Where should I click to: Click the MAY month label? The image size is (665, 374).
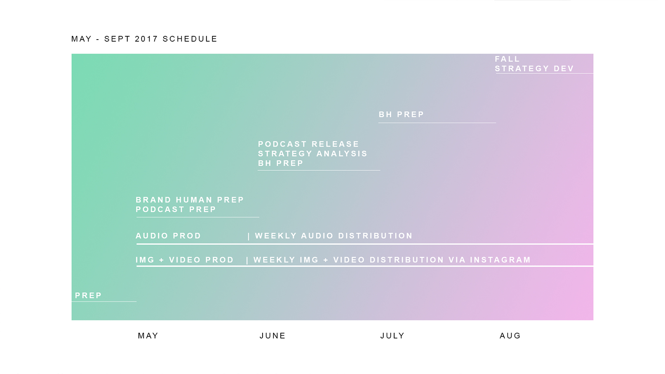(x=148, y=336)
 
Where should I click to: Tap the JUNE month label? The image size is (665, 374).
(x=272, y=336)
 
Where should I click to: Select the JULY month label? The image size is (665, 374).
(x=392, y=336)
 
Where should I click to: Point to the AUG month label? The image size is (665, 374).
(x=510, y=336)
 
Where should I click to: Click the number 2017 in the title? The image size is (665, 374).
(x=146, y=39)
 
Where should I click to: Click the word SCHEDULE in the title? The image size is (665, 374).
(x=190, y=39)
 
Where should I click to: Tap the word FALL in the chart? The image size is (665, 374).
(x=507, y=59)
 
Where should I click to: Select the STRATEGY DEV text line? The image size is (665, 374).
(x=534, y=68)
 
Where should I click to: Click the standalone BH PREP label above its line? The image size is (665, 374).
(x=401, y=114)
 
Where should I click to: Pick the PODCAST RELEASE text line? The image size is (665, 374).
(x=308, y=144)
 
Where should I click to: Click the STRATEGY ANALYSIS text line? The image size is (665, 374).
(x=313, y=153)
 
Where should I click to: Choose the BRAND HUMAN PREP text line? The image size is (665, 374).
(x=190, y=200)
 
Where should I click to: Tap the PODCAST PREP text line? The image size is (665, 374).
(x=176, y=209)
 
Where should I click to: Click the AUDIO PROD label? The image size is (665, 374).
(x=168, y=236)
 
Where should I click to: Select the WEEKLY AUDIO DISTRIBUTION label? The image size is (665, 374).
(x=334, y=236)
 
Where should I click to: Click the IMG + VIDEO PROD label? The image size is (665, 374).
(x=185, y=260)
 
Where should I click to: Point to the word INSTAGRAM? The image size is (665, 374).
(x=500, y=260)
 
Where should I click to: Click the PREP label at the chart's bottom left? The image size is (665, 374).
(x=88, y=295)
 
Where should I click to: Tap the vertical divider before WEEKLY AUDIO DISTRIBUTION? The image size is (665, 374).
(x=249, y=236)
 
